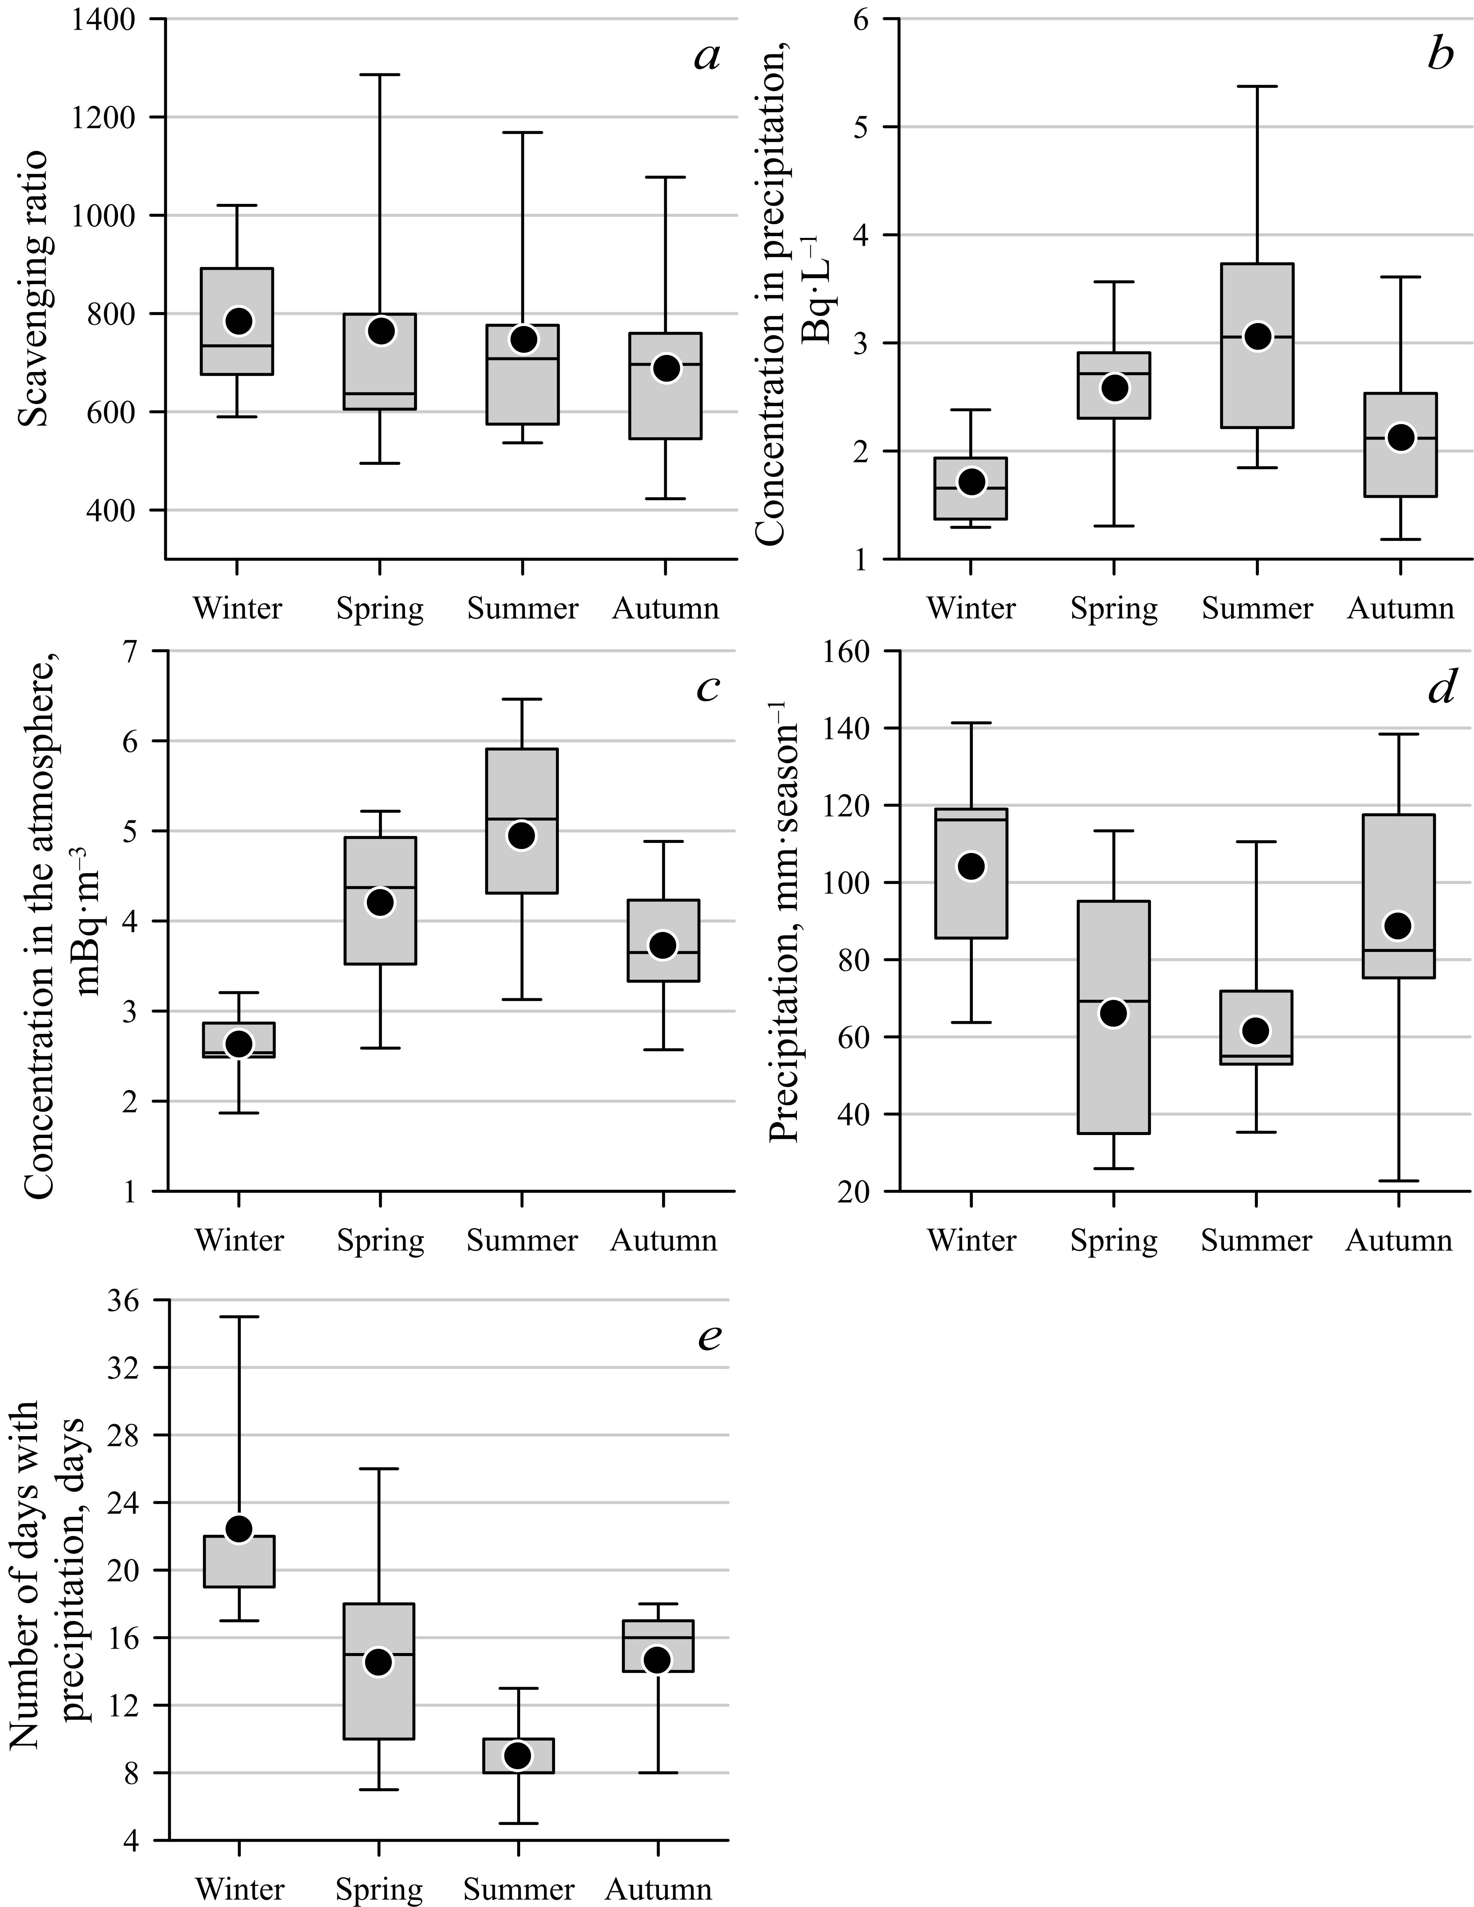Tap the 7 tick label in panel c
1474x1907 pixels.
135,651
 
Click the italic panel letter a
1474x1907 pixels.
706,57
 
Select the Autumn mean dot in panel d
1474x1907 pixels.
1399,925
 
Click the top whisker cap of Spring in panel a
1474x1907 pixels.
380,75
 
